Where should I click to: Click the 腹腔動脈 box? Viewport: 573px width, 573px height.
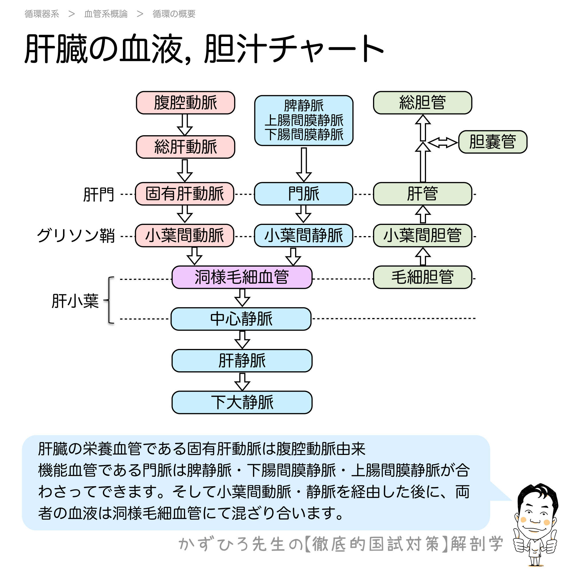coord(185,103)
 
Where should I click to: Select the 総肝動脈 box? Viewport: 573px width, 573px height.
coord(185,147)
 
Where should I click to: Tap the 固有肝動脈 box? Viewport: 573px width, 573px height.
coord(185,194)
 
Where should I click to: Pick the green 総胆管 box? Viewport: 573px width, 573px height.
coord(422,103)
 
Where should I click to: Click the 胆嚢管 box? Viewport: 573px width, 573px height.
coord(492,142)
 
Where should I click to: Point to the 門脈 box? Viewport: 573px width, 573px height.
coord(303,194)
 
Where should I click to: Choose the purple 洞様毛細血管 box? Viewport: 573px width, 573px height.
coord(242,277)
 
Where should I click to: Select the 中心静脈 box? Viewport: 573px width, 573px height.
coord(241,319)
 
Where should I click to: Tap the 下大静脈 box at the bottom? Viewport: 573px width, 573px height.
coord(242,403)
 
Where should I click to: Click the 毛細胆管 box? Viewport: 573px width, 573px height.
coord(422,277)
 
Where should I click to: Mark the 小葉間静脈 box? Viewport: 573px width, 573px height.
coord(303,236)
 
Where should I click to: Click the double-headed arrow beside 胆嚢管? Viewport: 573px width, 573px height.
coord(443,143)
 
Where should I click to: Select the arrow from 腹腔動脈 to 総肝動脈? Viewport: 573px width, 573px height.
coord(185,125)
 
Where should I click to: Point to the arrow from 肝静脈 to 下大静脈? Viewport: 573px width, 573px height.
coord(242,382)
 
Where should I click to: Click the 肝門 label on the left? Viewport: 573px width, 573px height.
coord(99,195)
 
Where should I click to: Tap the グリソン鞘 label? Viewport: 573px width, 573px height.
coord(76,236)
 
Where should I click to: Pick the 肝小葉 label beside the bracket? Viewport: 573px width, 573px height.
coord(75,301)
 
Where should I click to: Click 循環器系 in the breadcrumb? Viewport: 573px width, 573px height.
coord(42,14)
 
